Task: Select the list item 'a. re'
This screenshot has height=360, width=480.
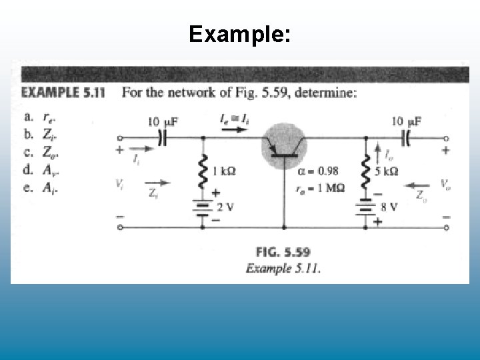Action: [x=49, y=117]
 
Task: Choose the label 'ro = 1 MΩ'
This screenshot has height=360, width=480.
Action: [x=319, y=188]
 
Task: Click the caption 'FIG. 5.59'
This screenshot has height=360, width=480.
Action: [x=283, y=253]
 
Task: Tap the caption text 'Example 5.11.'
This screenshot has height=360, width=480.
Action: [x=283, y=269]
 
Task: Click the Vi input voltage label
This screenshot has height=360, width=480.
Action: [x=119, y=183]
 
